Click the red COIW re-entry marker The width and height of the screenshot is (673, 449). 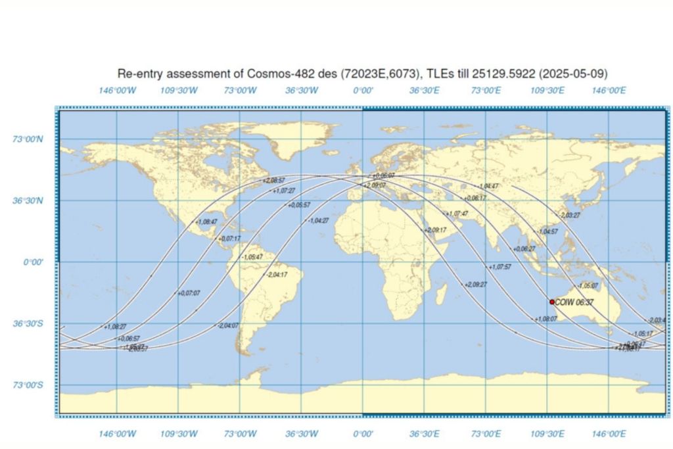click(x=552, y=302)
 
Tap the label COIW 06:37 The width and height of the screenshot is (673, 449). click(x=574, y=302)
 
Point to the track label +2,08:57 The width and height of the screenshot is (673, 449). click(x=274, y=179)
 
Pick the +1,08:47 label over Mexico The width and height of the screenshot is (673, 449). click(x=206, y=222)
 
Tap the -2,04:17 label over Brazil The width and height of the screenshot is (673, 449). click(x=277, y=274)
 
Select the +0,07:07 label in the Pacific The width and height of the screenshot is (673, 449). click(x=190, y=293)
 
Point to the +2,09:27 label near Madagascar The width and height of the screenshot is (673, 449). click(x=476, y=285)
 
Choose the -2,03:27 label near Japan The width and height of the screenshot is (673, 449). click(x=569, y=215)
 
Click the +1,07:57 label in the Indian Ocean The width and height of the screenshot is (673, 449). click(x=500, y=267)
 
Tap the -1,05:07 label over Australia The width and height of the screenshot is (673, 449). click(x=588, y=286)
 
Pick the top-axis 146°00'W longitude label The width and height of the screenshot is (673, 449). click(x=117, y=91)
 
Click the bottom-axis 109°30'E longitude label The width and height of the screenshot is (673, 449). click(x=547, y=433)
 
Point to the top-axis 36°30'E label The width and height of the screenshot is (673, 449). click(x=424, y=91)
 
